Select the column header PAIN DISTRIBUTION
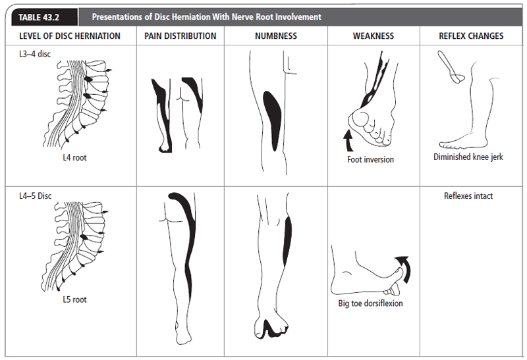pyautogui.click(x=180, y=36)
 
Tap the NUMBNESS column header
pyautogui.click(x=275, y=36)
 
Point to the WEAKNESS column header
pyautogui.click(x=374, y=36)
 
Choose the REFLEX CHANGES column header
pyautogui.click(x=471, y=36)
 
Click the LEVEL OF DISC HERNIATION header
pyautogui.click(x=69, y=36)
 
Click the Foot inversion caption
pyautogui.click(x=370, y=159)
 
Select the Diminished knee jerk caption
pyautogui.click(x=468, y=157)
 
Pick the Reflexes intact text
pyautogui.click(x=468, y=196)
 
